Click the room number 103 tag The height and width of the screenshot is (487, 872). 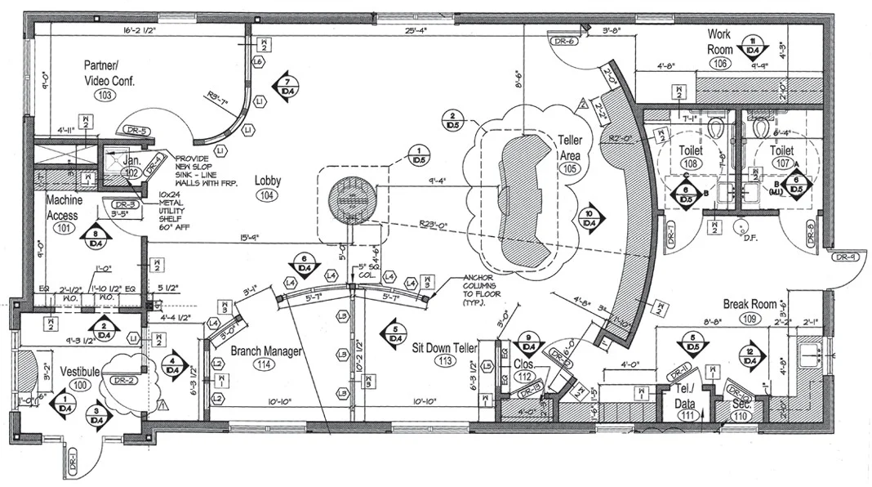[104, 96]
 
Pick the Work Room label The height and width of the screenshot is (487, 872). [719, 42]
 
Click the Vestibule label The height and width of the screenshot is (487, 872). [79, 372]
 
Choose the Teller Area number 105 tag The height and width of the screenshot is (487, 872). [569, 168]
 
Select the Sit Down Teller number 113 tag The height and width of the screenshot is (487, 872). [445, 361]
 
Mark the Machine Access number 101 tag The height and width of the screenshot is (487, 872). [62, 230]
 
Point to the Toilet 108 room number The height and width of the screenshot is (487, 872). [690, 164]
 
